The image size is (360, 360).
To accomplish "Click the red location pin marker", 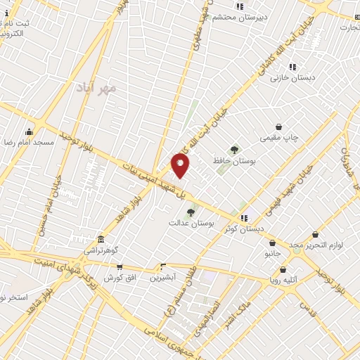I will tap(180, 165).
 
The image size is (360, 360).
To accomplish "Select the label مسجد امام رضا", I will tap(28, 142).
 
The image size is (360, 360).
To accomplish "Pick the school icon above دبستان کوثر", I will tap(244, 218).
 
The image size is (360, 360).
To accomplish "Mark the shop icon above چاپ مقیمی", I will tap(279, 127).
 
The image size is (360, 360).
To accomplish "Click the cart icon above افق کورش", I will tap(120, 267).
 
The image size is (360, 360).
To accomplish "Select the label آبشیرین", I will tap(164, 277).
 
